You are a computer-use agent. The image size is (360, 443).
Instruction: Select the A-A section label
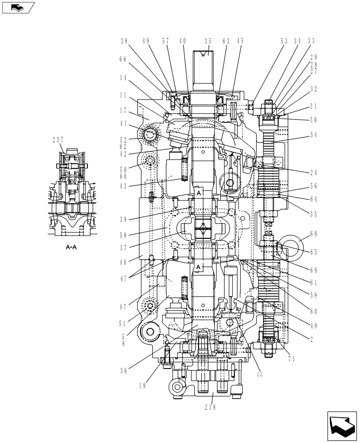click(x=71, y=248)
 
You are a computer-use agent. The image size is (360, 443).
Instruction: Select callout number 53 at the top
click(x=284, y=41)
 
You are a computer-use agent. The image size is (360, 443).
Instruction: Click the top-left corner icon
click(x=17, y=7)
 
